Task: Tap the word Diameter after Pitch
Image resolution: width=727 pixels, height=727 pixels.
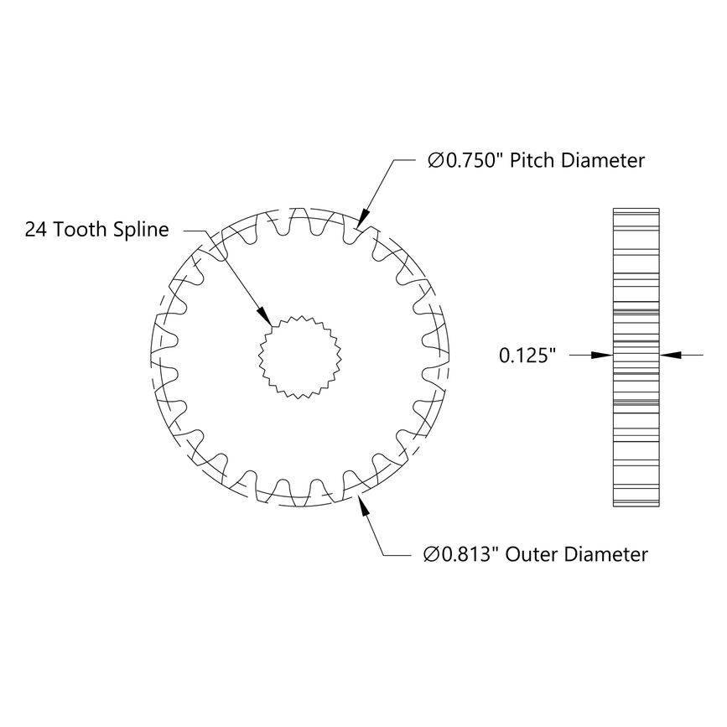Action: pyautogui.click(x=604, y=161)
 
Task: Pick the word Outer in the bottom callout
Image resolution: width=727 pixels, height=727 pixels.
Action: pyautogui.click(x=536, y=554)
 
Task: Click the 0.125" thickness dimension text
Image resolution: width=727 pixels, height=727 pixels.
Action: pyautogui.click(x=528, y=356)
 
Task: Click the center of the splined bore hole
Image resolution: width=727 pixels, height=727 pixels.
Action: pyautogui.click(x=298, y=356)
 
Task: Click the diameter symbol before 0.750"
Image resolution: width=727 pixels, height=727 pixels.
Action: pyautogui.click(x=435, y=161)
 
